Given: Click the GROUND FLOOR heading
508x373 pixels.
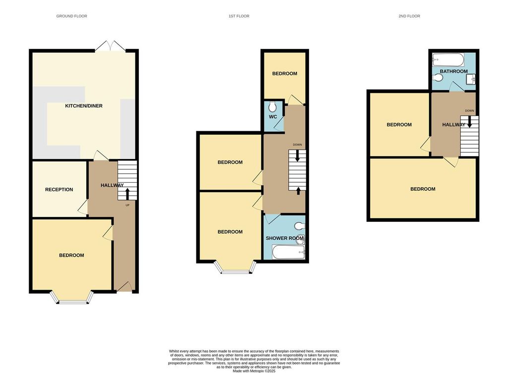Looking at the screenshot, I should tap(71, 16).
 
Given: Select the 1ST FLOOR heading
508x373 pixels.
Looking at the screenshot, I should tap(239, 16).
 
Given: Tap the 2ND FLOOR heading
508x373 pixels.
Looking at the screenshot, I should tap(409, 16).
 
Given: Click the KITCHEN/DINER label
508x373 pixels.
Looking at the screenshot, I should tap(84, 106).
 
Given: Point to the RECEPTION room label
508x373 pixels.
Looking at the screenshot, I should tap(59, 189).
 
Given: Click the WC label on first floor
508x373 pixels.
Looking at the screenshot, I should tap(272, 117).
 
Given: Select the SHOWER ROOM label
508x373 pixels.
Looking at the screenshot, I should tap(284, 238).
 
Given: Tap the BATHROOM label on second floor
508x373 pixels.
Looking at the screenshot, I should tap(453, 71).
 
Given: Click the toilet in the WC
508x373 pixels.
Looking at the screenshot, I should tap(272, 107).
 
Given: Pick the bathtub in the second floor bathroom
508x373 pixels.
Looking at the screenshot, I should tap(448, 60).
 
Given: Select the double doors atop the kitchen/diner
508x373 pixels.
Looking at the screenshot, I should tap(110, 46).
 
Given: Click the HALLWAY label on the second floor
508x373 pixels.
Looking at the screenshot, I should tap(453, 125).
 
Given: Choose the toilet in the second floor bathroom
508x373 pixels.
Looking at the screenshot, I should tap(438, 78).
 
